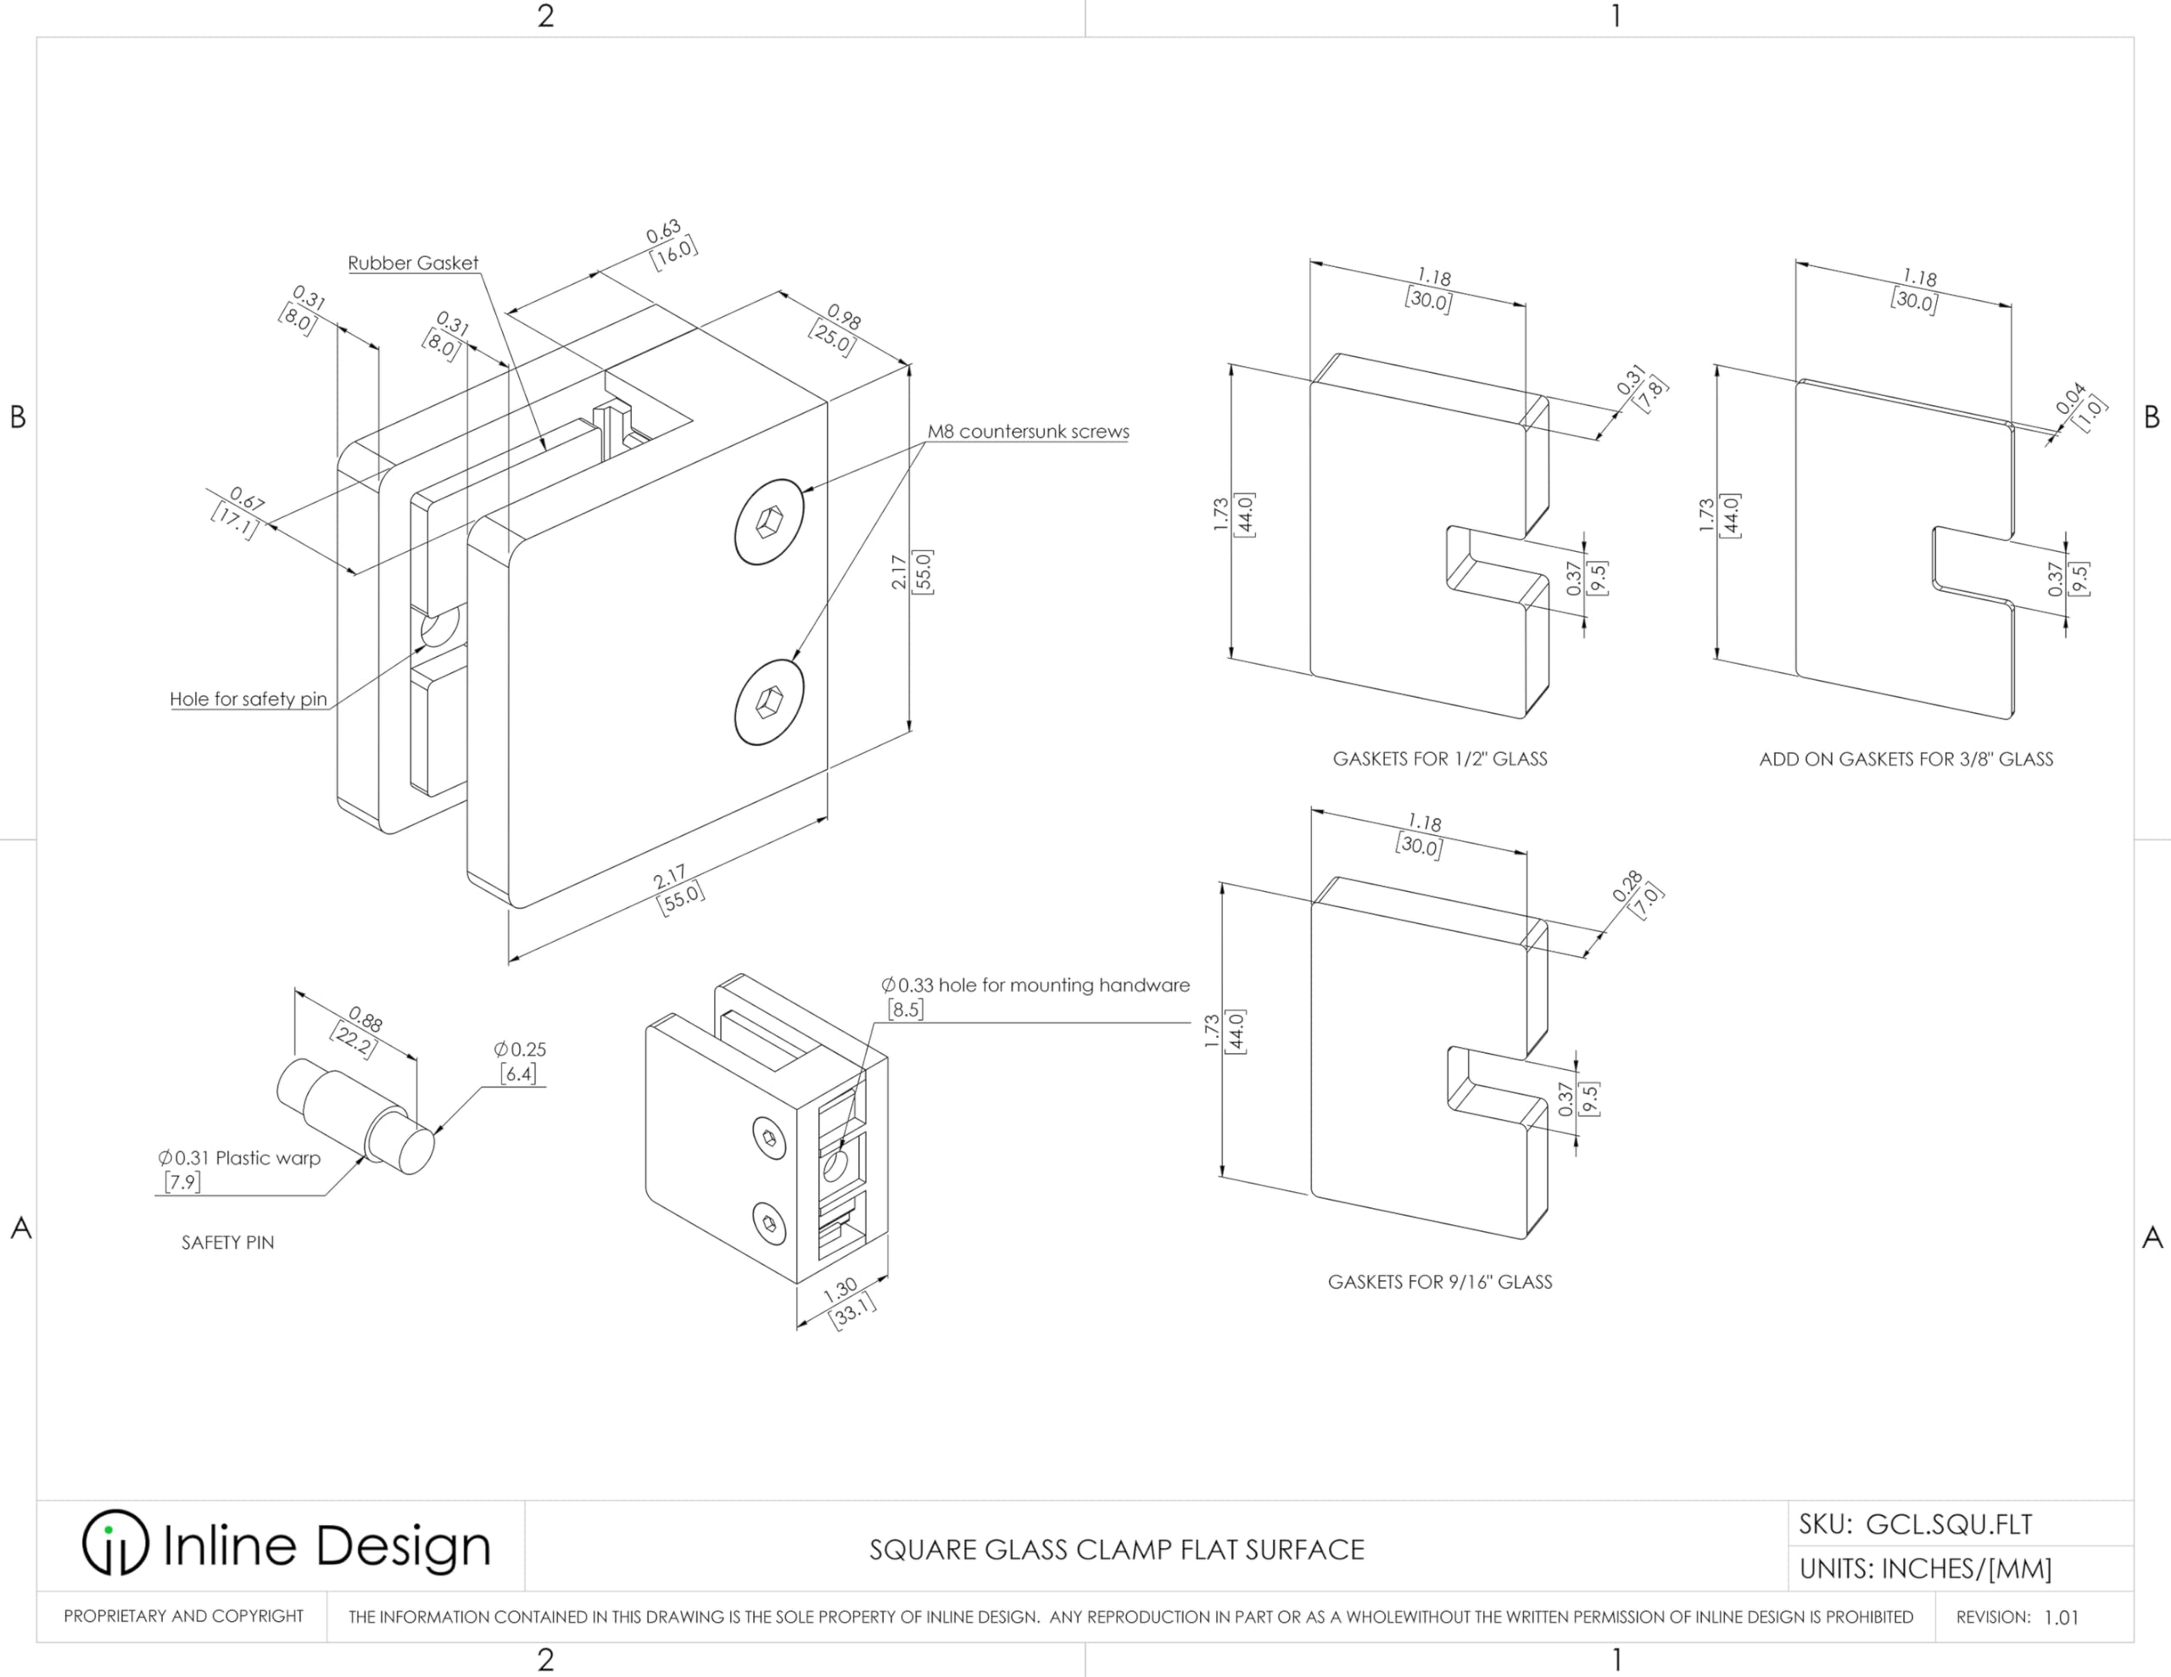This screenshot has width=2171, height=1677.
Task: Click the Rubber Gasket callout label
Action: click(412, 264)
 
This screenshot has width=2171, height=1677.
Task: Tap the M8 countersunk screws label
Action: click(1028, 432)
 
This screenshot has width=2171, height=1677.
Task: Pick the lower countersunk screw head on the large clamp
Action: click(769, 701)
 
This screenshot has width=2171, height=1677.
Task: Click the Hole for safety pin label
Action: click(248, 699)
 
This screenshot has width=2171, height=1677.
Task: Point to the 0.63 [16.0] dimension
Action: click(669, 243)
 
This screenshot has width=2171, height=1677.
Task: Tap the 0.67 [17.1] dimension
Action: click(239, 511)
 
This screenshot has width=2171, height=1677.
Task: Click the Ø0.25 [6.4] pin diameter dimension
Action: click(519, 1061)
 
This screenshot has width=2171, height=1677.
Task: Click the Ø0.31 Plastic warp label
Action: click(238, 1169)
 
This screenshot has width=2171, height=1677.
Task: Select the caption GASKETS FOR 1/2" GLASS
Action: click(1439, 760)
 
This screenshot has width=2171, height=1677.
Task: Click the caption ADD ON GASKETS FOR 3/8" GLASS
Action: click(1906, 760)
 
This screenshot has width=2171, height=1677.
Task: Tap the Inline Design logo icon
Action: click(115, 1543)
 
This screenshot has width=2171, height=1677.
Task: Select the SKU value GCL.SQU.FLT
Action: click(1948, 1524)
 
